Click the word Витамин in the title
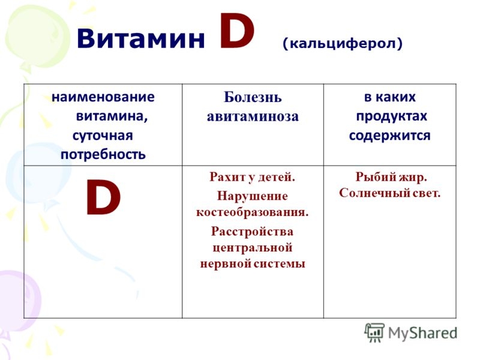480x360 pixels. [141, 40]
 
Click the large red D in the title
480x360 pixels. [237, 34]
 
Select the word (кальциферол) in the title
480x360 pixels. [343, 43]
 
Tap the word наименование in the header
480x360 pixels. [103, 97]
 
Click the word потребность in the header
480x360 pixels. [103, 154]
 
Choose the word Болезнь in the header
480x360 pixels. [253, 98]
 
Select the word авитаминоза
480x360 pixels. [253, 116]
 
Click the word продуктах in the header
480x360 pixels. [391, 116]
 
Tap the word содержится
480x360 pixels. [389, 135]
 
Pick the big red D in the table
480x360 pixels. [103, 199]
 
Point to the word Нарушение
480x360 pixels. [252, 196]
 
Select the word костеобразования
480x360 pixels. [252, 211]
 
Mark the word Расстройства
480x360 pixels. [252, 231]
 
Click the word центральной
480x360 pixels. [252, 247]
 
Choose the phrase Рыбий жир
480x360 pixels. [391, 178]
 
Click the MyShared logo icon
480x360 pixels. [374, 332]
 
